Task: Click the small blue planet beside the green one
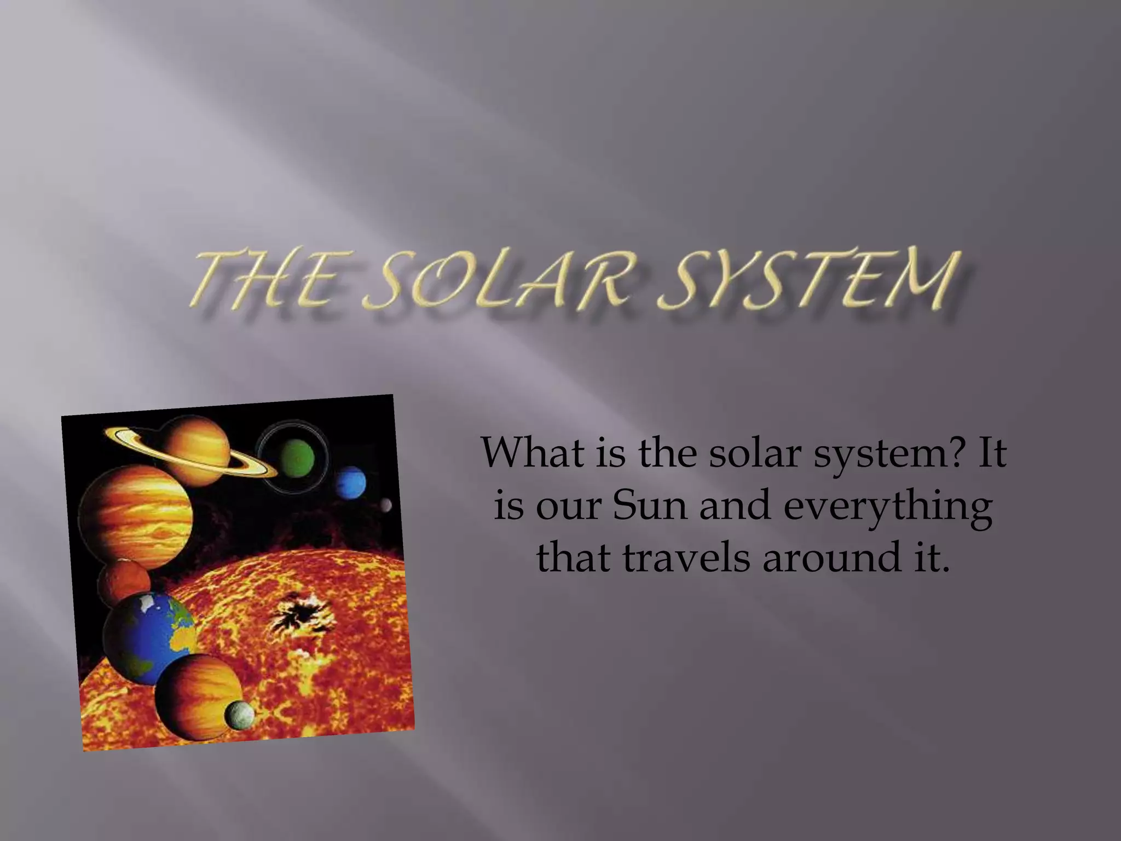[350, 481]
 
